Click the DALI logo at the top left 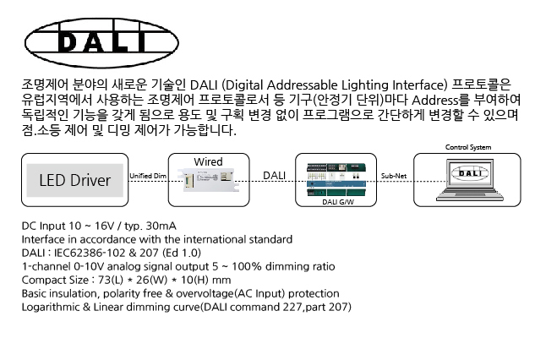point(92,42)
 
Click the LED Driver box point(74,180)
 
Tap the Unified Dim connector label point(147,175)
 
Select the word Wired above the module point(208,161)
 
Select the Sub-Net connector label point(395,175)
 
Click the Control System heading point(468,148)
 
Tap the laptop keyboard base point(468,199)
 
